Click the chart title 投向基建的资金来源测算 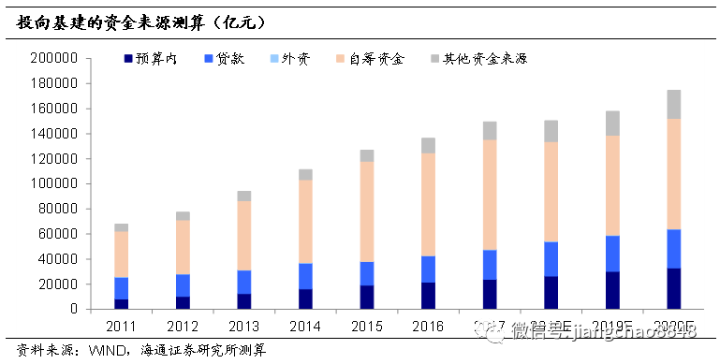click(131, 19)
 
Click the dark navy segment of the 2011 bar click(122, 304)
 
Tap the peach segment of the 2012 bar click(182, 247)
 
